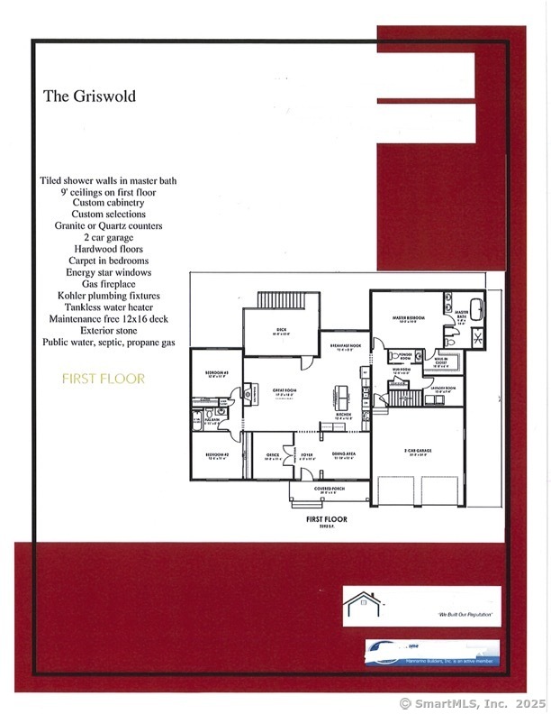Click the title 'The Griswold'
click(89, 96)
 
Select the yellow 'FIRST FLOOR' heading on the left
click(103, 379)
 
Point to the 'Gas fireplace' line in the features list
click(108, 284)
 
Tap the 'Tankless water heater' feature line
click(108, 307)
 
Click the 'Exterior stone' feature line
click(108, 331)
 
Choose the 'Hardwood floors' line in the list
click(108, 249)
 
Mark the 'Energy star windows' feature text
click(108, 272)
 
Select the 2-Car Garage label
click(419, 449)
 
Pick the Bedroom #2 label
click(216, 454)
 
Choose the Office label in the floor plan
click(273, 454)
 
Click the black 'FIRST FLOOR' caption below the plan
click(327, 520)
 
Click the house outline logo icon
click(365, 603)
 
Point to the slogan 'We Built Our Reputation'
click(468, 614)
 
